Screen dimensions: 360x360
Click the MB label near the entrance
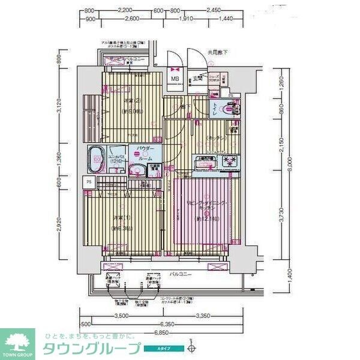pos(176,79)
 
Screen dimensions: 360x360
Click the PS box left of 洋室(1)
pos(89,182)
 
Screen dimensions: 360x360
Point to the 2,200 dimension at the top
pos(125,11)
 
